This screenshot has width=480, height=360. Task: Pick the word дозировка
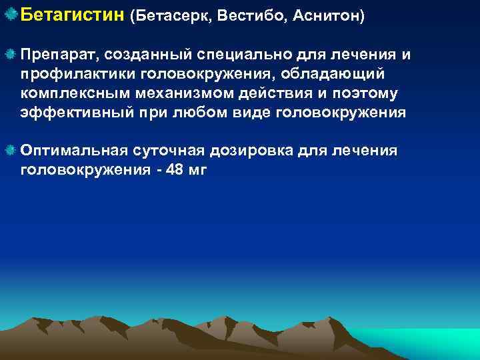(242, 151)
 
